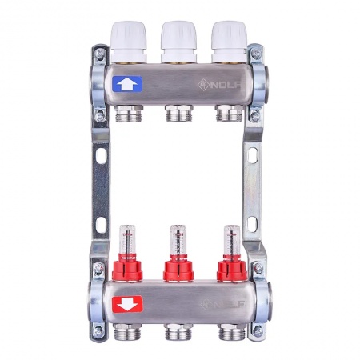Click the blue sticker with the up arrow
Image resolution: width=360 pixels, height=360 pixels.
127,84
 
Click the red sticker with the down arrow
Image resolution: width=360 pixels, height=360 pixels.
127,304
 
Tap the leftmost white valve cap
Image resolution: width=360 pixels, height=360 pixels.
128,42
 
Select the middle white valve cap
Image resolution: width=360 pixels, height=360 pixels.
178,42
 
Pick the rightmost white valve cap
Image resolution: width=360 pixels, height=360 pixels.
229,42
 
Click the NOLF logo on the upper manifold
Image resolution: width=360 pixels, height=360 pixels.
219,86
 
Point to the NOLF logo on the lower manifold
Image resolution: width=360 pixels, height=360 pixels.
222,304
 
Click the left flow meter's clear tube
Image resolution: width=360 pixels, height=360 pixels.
127,240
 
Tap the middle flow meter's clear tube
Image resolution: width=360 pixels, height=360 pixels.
178,240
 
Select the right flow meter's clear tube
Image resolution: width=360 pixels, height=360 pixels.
232,240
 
